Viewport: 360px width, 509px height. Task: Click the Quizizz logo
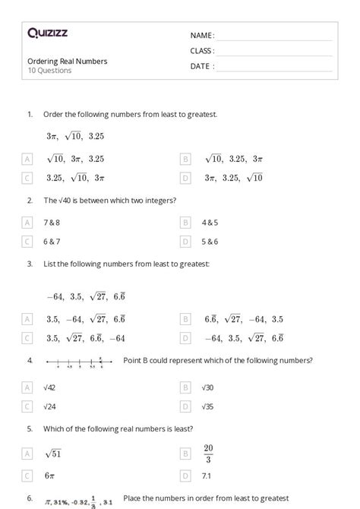click(47, 33)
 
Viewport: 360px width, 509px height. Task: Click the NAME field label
click(202, 36)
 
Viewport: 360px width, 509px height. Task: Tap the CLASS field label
click(202, 51)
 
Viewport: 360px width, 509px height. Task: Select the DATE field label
click(202, 66)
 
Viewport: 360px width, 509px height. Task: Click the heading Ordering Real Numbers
click(67, 61)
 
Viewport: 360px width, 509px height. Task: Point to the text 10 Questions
click(49, 71)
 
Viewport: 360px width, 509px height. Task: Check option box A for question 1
click(28, 160)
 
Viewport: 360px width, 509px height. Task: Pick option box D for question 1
click(185, 178)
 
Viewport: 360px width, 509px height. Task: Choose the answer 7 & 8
click(51, 223)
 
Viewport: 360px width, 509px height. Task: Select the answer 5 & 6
click(210, 242)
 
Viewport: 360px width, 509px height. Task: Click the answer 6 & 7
click(51, 242)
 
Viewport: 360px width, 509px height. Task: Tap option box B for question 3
click(185, 319)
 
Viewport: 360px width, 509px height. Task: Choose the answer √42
click(51, 387)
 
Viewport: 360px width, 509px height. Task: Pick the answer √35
click(207, 406)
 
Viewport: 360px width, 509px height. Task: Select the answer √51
click(53, 454)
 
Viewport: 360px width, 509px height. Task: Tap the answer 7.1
click(207, 476)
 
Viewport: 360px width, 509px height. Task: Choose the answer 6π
click(51, 476)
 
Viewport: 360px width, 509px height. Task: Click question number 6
click(30, 498)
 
